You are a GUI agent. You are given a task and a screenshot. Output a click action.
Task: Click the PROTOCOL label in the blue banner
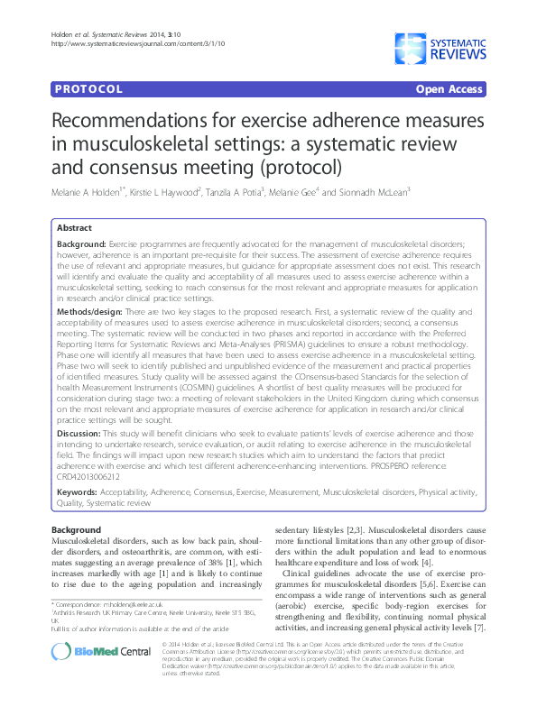(x=88, y=90)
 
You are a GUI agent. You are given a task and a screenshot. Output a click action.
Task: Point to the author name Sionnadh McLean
(x=372, y=191)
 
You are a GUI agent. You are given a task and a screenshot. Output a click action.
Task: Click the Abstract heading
(x=76, y=229)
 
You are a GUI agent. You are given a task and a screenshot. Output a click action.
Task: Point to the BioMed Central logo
(x=101, y=674)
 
